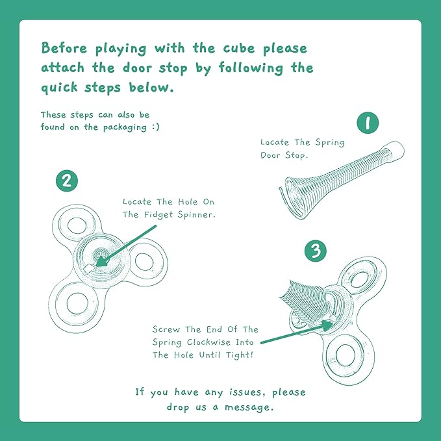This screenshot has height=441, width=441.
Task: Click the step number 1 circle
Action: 368,122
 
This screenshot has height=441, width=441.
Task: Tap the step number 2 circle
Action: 67,181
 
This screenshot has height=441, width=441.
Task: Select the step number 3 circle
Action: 316,250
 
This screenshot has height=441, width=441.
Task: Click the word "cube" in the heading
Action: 239,48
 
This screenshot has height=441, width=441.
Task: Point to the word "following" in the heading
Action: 251,68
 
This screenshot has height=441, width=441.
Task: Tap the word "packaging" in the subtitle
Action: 125,127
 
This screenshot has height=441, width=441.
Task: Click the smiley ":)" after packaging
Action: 155,127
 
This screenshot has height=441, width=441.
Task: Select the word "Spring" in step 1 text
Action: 330,143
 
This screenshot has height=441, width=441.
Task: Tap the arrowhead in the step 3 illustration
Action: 327,326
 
